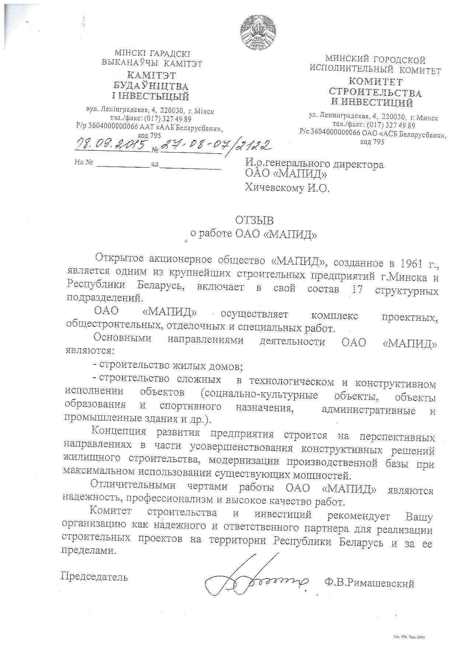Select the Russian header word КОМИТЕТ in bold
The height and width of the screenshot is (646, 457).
375,81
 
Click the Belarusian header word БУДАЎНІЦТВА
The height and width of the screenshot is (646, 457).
150,86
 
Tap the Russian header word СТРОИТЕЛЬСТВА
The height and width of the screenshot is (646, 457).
375,92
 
